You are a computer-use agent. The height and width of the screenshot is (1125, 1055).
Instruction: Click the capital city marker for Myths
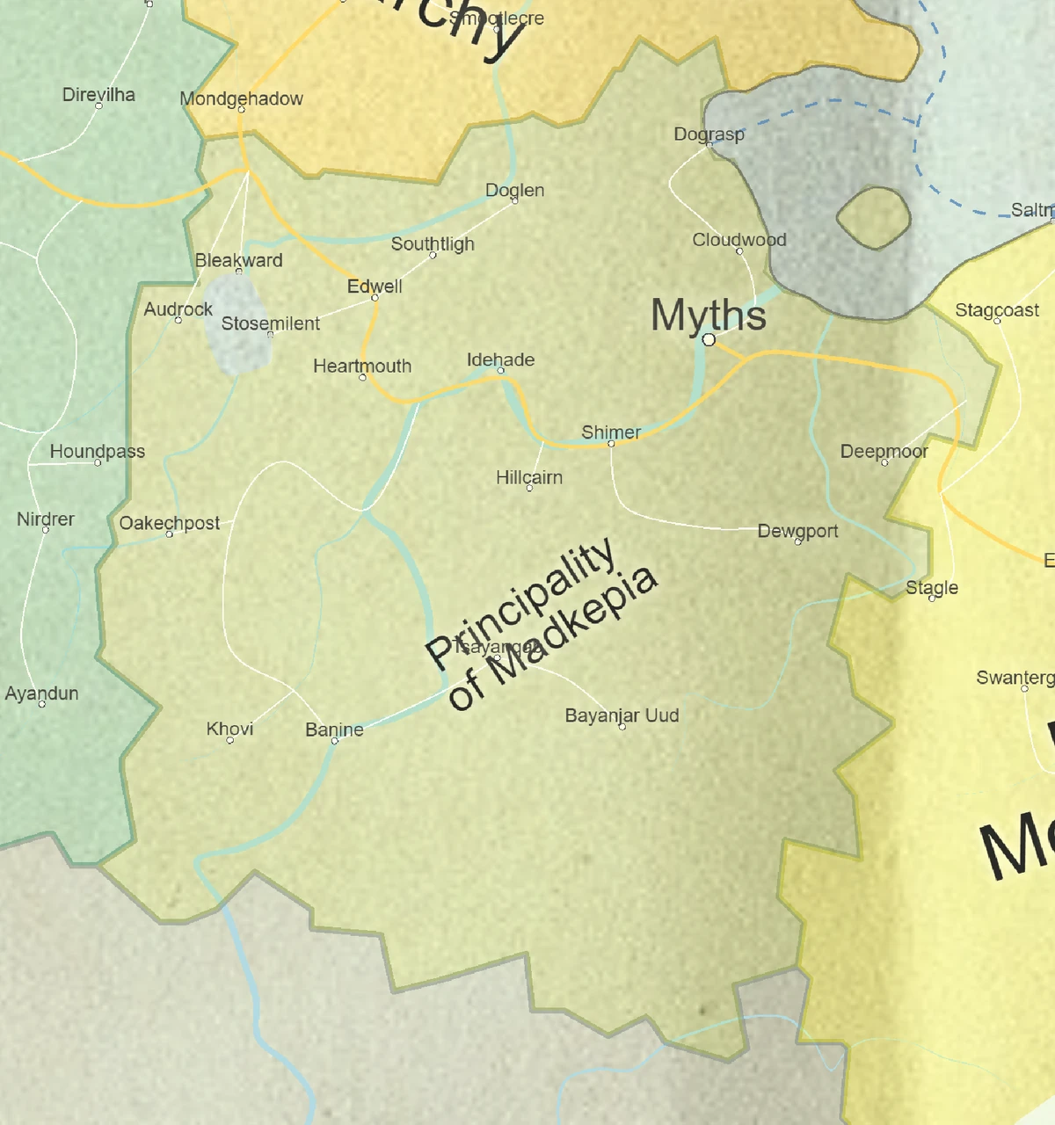pyautogui.click(x=709, y=339)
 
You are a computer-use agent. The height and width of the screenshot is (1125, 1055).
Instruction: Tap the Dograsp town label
pyautogui.click(x=709, y=134)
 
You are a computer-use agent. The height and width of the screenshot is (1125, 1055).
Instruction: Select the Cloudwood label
pyautogui.click(x=738, y=240)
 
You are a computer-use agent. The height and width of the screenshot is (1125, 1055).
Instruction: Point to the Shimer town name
pyautogui.click(x=611, y=432)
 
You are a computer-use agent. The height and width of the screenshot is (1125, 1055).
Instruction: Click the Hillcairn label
pyautogui.click(x=528, y=477)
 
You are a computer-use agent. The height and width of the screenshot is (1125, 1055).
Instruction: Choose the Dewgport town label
pyautogui.click(x=797, y=531)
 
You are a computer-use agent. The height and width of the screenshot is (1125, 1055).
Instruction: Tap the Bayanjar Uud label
pyautogui.click(x=622, y=715)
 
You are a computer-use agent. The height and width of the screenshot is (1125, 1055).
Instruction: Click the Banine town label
pyautogui.click(x=334, y=729)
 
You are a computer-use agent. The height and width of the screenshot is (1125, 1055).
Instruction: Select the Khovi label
pyautogui.click(x=229, y=729)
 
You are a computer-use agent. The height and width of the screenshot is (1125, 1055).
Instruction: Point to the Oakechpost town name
pyautogui.click(x=170, y=523)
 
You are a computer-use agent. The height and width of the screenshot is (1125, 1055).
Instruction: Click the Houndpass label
pyautogui.click(x=97, y=452)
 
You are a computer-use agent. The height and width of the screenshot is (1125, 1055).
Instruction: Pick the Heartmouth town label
pyautogui.click(x=362, y=366)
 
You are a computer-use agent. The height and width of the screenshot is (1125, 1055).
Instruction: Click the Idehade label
pyautogui.click(x=500, y=359)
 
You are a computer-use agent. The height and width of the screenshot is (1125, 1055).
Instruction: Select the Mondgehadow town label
pyautogui.click(x=241, y=98)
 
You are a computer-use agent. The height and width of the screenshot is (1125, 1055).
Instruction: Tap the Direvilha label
pyautogui.click(x=98, y=94)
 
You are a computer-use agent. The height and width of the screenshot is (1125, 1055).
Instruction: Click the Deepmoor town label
pyautogui.click(x=884, y=451)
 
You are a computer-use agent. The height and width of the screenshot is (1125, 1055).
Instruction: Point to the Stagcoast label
pyautogui.click(x=997, y=310)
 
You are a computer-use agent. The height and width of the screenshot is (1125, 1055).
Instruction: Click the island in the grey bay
pyautogui.click(x=872, y=217)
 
